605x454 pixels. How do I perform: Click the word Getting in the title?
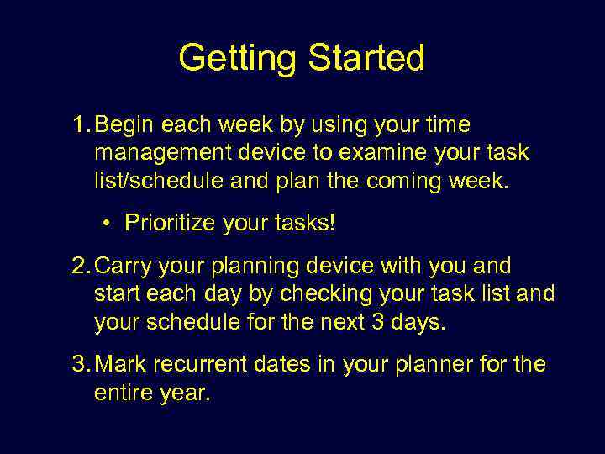pos(239,59)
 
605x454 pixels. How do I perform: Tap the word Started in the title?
pos(366,59)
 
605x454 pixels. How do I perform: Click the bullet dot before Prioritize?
pos(108,224)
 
